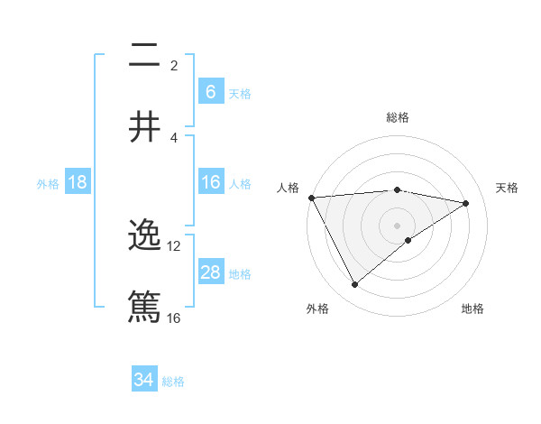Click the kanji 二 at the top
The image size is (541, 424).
coord(145,56)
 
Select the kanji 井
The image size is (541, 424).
coord(145,126)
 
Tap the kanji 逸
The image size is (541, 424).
coord(145,236)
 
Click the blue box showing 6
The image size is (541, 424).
coord(210,91)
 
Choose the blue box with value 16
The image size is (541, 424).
coord(210,182)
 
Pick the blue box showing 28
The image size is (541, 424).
coord(210,272)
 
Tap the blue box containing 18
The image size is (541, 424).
coord(78,182)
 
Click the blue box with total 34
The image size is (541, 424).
coord(144,380)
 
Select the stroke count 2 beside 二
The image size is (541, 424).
coord(174,66)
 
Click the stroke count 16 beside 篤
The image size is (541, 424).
coord(174,318)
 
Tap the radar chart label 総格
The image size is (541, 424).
coord(397,117)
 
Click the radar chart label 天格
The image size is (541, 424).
coord(507,188)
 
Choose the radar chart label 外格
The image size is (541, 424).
coord(317,309)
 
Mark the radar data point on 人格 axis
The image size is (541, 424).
coord(311,198)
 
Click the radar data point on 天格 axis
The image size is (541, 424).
coord(466,203)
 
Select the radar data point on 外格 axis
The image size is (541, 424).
coord(354,285)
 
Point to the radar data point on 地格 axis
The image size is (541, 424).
coord(408,240)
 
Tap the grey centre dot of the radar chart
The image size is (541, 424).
coord(397,225)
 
